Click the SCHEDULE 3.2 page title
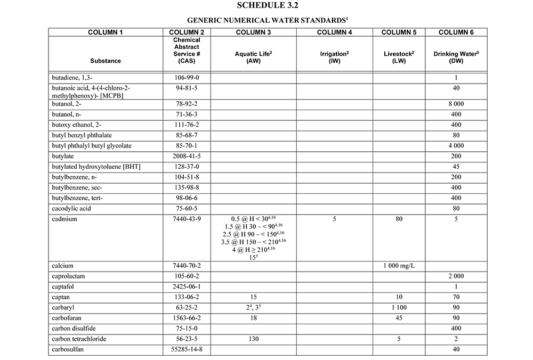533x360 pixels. click(266, 6)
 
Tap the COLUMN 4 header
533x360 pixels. click(334, 32)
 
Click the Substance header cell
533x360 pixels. click(106, 61)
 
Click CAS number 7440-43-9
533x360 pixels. click(187, 219)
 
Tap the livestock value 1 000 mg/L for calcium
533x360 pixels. click(400, 265)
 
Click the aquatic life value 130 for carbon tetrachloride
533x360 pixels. click(253, 339)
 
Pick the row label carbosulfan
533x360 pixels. click(69, 349)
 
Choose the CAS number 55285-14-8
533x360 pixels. click(187, 349)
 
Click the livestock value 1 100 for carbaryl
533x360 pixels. click(400, 307)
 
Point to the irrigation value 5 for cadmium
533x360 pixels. click(334, 219)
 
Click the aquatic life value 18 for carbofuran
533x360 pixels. click(253, 317)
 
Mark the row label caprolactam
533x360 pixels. click(69, 276)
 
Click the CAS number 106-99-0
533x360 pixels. click(187, 78)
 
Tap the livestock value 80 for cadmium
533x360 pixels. click(400, 219)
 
